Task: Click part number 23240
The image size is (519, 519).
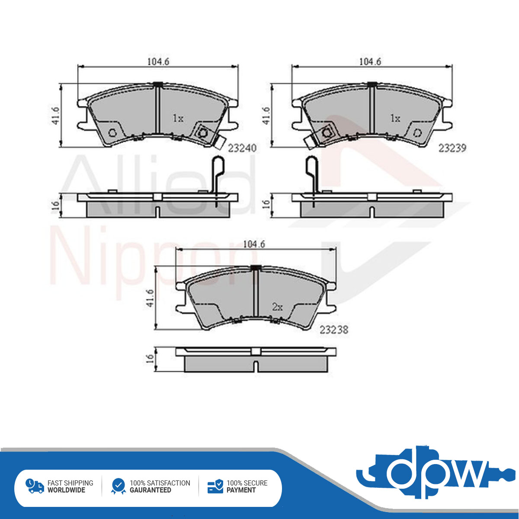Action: tap(242, 148)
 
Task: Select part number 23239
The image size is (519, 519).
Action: tap(452, 148)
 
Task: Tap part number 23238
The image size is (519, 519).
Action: tap(334, 330)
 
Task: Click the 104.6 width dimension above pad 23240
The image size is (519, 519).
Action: tap(158, 62)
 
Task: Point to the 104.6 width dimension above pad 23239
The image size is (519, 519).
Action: tap(370, 62)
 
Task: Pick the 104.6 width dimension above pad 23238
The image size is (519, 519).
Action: tap(254, 244)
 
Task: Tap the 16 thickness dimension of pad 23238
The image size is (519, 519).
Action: tap(150, 358)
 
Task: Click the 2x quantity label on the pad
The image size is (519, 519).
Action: tap(277, 307)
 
